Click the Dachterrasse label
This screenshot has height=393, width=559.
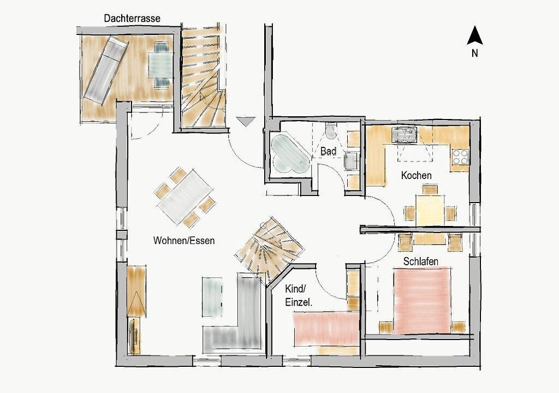tap(132, 19)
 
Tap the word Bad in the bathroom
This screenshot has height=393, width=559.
tap(328, 151)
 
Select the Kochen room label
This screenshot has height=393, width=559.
tap(416, 175)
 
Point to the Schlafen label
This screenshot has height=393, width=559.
tap(421, 261)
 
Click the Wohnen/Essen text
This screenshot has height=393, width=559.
tap(184, 240)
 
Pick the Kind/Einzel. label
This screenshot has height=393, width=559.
tap(299, 296)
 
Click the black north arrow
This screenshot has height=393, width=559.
tap(475, 35)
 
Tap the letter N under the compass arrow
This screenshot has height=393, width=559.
tap(474, 53)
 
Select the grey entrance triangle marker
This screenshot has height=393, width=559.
tap(246, 121)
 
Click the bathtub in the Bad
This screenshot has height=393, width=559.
tap(290, 154)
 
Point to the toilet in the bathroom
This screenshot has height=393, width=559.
tap(331, 130)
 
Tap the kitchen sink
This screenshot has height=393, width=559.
tap(405, 134)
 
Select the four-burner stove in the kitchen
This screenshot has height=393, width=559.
tap(460, 157)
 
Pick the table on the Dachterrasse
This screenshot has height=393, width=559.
tap(160, 64)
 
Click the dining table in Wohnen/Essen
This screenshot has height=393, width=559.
tap(185, 197)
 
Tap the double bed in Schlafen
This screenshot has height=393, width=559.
tap(423, 301)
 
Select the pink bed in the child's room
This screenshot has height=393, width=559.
tap(325, 329)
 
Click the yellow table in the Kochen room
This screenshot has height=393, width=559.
tap(430, 210)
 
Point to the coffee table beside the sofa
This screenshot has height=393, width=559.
tap(213, 297)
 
